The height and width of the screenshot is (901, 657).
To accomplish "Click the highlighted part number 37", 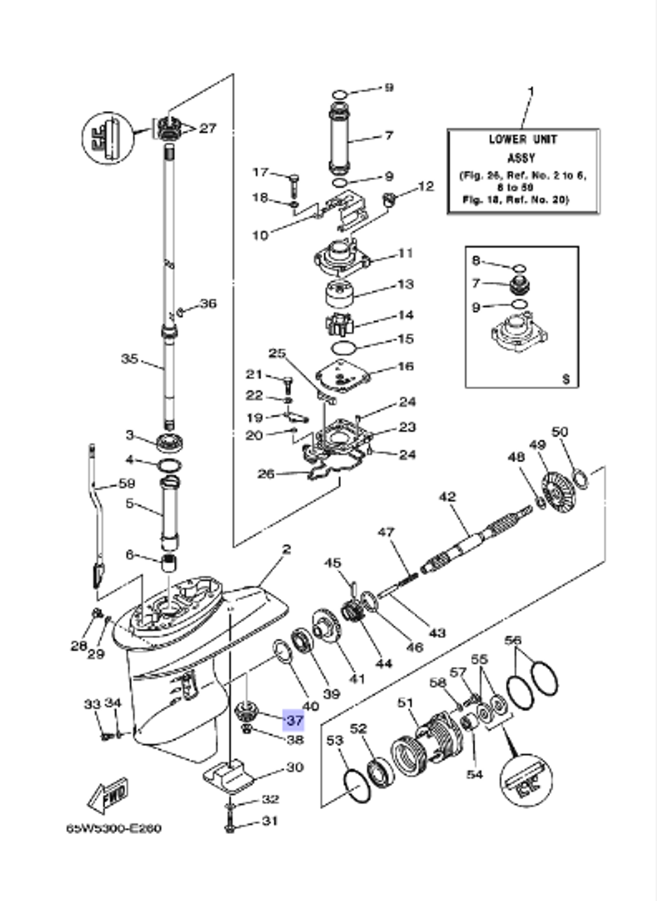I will click(x=294, y=720).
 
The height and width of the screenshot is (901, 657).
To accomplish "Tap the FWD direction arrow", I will click(x=108, y=796).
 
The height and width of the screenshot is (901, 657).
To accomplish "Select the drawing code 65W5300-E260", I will click(x=113, y=828).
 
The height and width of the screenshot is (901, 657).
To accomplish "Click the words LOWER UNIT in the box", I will click(x=523, y=139).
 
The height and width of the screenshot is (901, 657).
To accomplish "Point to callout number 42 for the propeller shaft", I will click(x=447, y=497).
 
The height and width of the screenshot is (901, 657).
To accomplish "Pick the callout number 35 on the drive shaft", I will click(x=129, y=359).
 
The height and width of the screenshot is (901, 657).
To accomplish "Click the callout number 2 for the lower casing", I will click(x=286, y=549).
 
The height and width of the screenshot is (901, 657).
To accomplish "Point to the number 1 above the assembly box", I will click(x=531, y=91).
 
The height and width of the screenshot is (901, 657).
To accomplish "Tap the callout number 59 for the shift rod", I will click(x=126, y=484).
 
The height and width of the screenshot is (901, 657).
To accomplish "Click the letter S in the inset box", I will click(x=566, y=379).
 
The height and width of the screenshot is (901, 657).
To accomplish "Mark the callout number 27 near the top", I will click(x=208, y=128).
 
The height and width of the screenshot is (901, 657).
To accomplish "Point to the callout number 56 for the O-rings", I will click(x=513, y=640).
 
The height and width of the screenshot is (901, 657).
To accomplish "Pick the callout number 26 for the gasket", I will click(x=265, y=473).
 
